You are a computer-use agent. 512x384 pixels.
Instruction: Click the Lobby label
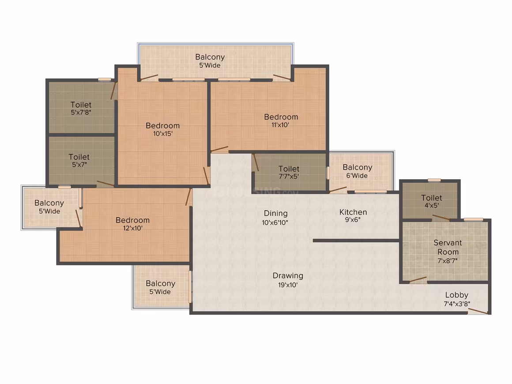pyautogui.click(x=456, y=295)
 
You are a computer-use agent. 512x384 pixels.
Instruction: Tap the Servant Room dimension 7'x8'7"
pyautogui.click(x=448, y=260)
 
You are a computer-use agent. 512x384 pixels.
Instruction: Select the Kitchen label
pyautogui.click(x=353, y=212)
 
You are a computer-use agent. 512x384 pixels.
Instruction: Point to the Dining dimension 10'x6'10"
pyautogui.click(x=275, y=223)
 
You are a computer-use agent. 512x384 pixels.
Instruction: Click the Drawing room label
pyautogui.click(x=288, y=275)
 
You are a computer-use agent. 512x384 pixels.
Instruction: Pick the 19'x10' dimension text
pyautogui.click(x=288, y=285)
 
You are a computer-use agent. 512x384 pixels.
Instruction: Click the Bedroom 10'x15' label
pyautogui.click(x=162, y=129)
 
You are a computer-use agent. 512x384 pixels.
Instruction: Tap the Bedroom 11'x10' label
pyautogui.click(x=281, y=120)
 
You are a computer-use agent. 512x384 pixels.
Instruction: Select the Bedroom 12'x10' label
pyautogui.click(x=132, y=224)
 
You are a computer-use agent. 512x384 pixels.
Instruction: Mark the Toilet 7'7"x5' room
pyautogui.click(x=289, y=172)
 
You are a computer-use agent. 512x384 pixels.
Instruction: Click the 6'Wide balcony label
pyautogui.click(x=357, y=171)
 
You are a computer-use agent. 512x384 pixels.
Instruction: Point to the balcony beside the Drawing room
pyautogui.click(x=161, y=286)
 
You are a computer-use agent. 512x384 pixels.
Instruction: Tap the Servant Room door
pyautogui.click(x=418, y=279)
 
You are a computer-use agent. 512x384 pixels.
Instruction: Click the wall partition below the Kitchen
pyautogui.click(x=356, y=241)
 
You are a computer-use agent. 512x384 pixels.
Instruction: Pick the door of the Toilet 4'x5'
pyautogui.click(x=441, y=218)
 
